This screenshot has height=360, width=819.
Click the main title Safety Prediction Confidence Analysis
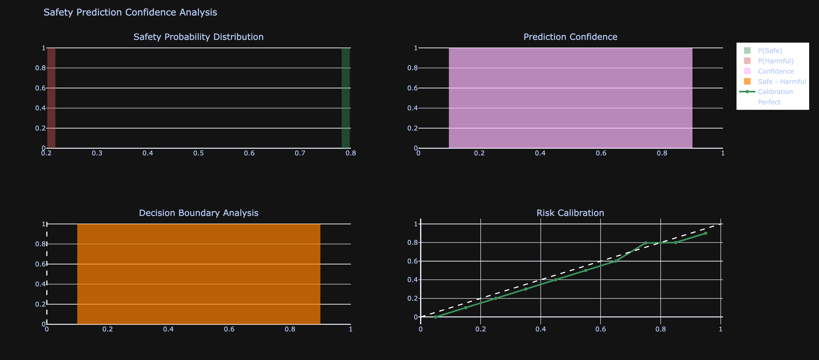(x=130, y=12)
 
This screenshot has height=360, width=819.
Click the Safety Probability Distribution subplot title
(x=198, y=37)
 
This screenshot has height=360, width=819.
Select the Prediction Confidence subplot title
(x=570, y=37)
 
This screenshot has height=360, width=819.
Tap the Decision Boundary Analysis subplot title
(x=198, y=213)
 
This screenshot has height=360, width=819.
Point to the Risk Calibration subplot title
(x=570, y=213)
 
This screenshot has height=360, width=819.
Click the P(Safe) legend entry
(x=770, y=50)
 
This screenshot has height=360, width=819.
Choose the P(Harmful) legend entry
(x=775, y=61)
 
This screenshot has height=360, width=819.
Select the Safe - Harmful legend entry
(x=782, y=82)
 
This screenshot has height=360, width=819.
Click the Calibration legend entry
(x=775, y=92)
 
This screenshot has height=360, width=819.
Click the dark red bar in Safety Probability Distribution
(x=51, y=98)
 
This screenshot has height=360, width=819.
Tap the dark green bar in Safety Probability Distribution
(x=345, y=98)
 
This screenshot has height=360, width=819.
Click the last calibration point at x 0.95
(x=705, y=233)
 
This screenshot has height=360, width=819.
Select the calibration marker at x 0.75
(x=645, y=243)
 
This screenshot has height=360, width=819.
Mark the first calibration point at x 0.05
(x=436, y=317)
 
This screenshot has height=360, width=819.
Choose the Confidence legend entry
(x=776, y=71)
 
